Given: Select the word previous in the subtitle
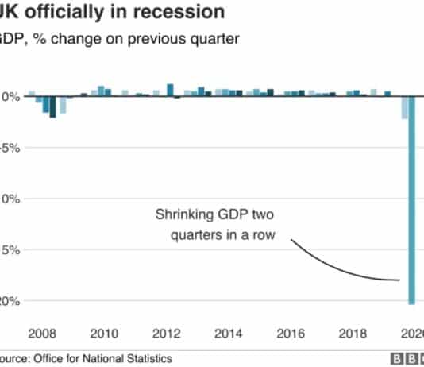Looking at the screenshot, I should [x=153, y=41].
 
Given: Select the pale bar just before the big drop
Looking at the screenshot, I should [x=404, y=107].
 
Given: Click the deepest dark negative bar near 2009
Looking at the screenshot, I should [x=52, y=106].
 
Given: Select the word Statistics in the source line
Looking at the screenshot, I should [x=146, y=359].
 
